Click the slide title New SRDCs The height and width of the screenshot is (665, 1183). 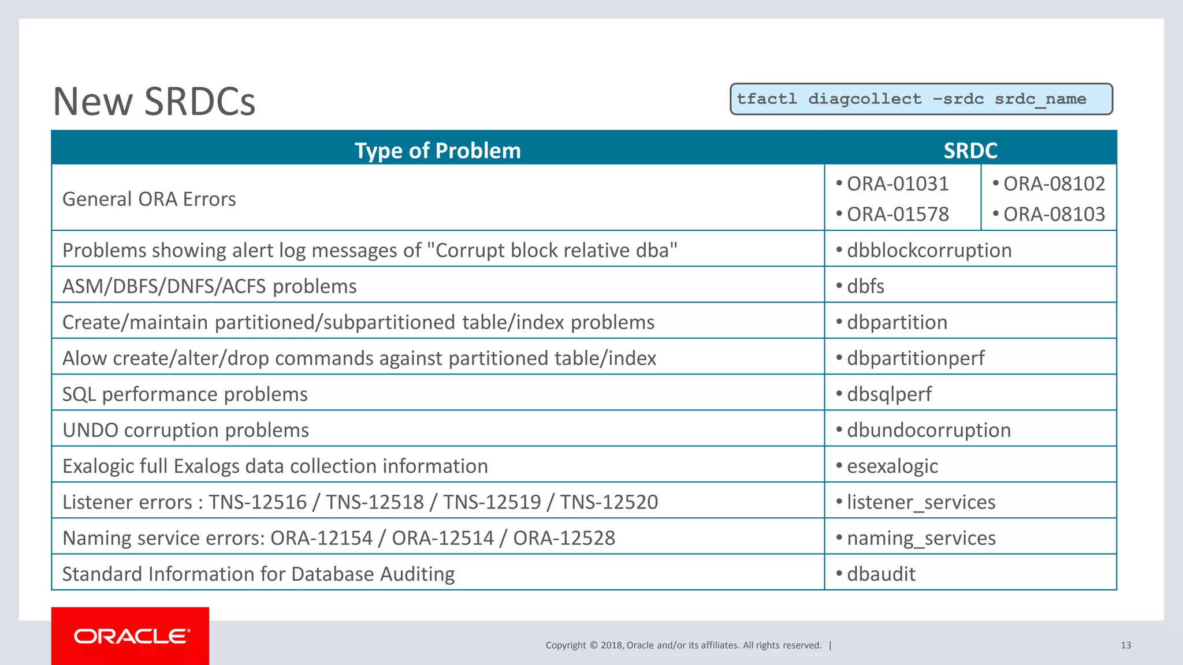(x=154, y=102)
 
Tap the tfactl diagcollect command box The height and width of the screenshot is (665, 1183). (x=921, y=99)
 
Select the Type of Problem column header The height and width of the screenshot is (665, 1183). (x=437, y=150)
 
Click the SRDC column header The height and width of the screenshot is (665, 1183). (x=970, y=150)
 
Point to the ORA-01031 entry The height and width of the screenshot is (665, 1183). (x=897, y=184)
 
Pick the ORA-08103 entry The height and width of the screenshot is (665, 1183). (x=1054, y=214)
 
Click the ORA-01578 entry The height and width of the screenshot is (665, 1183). (x=897, y=214)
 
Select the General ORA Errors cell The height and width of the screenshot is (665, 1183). (x=149, y=199)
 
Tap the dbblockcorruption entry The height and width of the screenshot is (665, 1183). (x=929, y=251)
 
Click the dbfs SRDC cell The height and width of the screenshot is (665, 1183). (x=865, y=286)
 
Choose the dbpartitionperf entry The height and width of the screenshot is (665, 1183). (x=916, y=358)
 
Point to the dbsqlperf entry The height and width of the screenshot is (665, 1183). (x=889, y=394)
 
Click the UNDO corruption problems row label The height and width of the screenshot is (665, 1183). (x=185, y=430)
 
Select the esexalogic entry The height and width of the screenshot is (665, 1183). (x=892, y=466)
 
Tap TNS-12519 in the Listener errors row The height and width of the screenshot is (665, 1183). (x=492, y=502)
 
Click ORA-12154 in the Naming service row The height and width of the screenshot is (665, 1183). (x=321, y=538)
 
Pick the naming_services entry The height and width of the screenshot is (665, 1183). (x=921, y=538)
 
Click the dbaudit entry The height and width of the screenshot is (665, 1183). (x=881, y=574)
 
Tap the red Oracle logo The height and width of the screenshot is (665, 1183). (x=131, y=636)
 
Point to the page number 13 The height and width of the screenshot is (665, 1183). (x=1125, y=645)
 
